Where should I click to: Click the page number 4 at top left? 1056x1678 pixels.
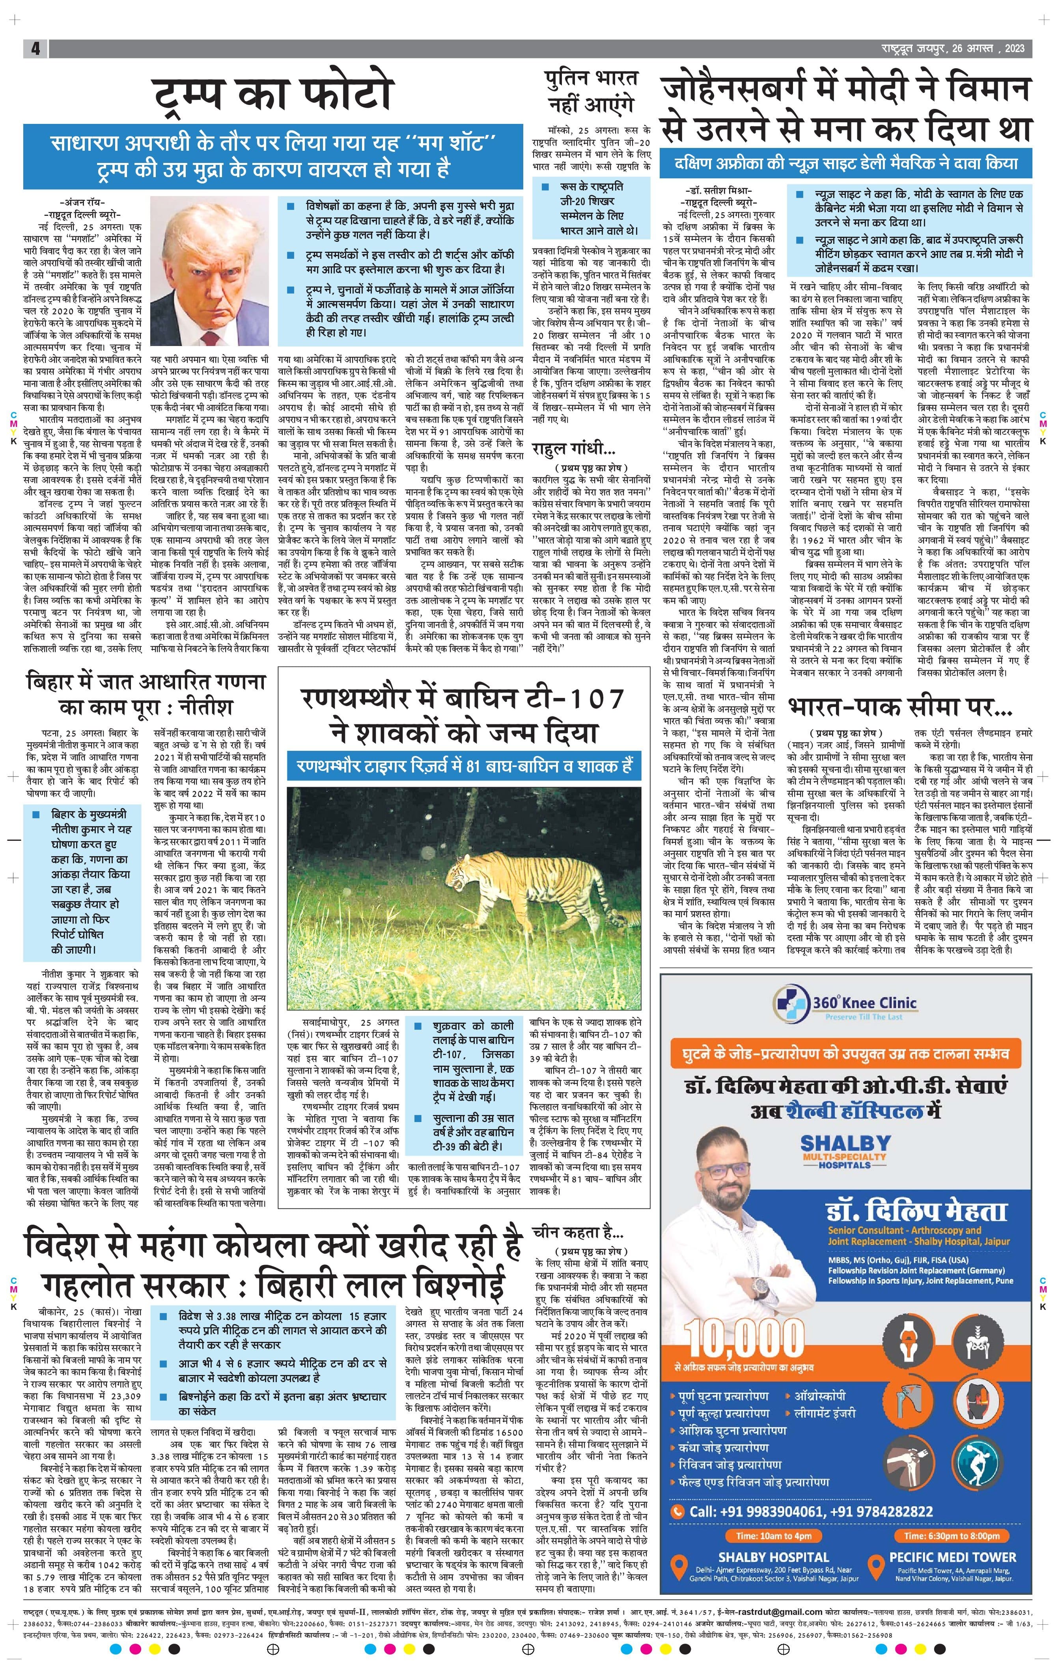pyautogui.click(x=35, y=48)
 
